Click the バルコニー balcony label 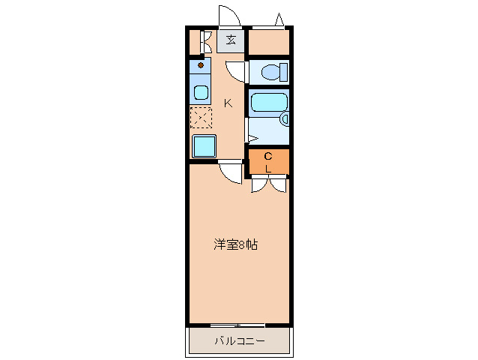coord(239,341)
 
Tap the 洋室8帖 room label coord(236,244)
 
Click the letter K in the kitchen coord(229,103)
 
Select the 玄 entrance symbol coord(232,40)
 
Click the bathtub coord(268,103)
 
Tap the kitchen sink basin coord(202,94)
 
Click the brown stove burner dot coord(201,65)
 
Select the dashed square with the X coord(201,118)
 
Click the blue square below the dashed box coord(204,145)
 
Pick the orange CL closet coord(268,161)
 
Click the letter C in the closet coord(268,156)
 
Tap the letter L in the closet coord(268,169)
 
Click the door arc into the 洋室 coord(232,172)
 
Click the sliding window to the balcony coord(238,325)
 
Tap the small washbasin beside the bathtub coord(285,118)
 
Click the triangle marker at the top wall coord(279,20)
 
